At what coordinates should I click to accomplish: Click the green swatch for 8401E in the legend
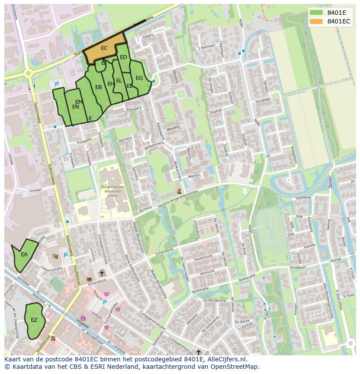[x=317, y=13]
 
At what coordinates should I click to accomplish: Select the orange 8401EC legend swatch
[x=317, y=21]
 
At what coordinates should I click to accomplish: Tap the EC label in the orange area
[x=104, y=48]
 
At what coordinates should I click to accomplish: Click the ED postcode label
[x=123, y=57]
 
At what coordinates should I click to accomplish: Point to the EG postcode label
[x=139, y=78]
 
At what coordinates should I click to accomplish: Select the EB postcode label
[x=99, y=87]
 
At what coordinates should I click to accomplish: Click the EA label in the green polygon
[x=24, y=255]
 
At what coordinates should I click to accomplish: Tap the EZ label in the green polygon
[x=34, y=320]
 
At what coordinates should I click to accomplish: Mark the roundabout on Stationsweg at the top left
[x=29, y=73]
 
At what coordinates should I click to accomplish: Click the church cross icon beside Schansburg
[x=102, y=273]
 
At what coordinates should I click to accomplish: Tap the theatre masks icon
[x=55, y=256]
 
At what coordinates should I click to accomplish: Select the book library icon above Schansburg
[x=90, y=279]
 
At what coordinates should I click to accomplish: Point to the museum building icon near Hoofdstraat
[x=53, y=338]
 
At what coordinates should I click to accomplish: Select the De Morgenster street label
[x=215, y=301]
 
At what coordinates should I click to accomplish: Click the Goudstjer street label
[x=263, y=100]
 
